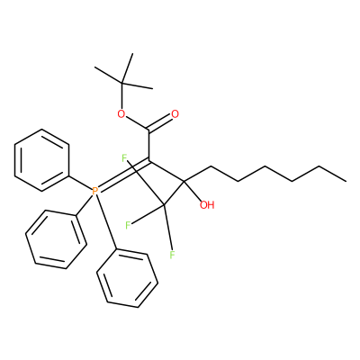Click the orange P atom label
[94, 191]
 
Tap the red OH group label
[207, 205]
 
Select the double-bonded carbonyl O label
[175, 114]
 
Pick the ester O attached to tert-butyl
[121, 114]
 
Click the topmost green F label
[125, 157]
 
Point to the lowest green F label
[172, 256]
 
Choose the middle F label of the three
[128, 225]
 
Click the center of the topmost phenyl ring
[42, 160]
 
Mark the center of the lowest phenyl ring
[127, 278]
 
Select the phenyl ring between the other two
[56, 239]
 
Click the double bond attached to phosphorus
[123, 175]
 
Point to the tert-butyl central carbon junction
[122, 83]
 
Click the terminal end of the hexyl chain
[346, 181]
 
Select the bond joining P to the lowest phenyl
[106, 222]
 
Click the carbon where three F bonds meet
[164, 205]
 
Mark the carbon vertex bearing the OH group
[184, 181]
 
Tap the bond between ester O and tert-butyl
[121, 96]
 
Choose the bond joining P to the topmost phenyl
[80, 183]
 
